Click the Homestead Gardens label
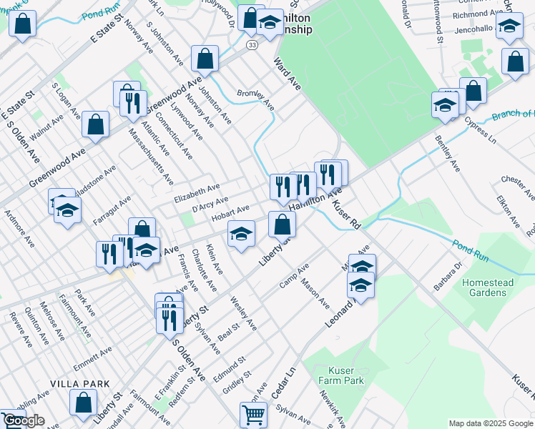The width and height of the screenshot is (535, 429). [x=488, y=287]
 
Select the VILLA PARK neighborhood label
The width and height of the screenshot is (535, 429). [x=79, y=384]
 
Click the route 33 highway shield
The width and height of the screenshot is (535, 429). [x=252, y=44]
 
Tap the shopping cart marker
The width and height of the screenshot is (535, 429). [x=254, y=414]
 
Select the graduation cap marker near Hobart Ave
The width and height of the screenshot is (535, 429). [x=242, y=234]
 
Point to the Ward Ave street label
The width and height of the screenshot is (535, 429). [x=285, y=74]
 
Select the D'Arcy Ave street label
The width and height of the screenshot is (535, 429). [x=210, y=203]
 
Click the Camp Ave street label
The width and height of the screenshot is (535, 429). [x=294, y=275]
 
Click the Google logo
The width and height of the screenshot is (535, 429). [x=24, y=420]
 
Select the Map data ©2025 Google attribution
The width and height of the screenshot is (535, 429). [x=491, y=423]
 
